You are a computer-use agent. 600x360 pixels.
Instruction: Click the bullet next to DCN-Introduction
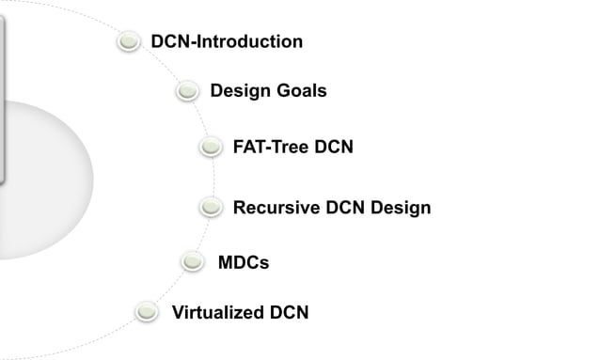[129, 42]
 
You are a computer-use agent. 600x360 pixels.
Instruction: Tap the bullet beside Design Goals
[188, 91]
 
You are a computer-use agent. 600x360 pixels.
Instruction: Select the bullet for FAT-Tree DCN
[212, 148]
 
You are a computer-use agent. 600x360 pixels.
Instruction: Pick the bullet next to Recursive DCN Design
[212, 207]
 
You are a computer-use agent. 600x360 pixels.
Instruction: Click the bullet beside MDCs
[194, 261]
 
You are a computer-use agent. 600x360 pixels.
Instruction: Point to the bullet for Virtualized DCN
[147, 312]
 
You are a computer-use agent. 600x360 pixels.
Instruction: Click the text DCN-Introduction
[227, 42]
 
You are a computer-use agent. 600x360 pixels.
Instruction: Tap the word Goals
[299, 91]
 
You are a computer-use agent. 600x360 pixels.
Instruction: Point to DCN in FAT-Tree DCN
[334, 148]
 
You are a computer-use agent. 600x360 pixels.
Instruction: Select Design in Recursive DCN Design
[402, 208]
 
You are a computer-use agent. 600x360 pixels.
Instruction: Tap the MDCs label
[244, 262]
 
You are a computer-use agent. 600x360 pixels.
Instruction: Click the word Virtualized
[218, 313]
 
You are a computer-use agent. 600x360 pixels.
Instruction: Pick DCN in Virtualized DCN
[289, 313]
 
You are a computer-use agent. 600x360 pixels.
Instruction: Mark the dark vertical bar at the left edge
[3, 94]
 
